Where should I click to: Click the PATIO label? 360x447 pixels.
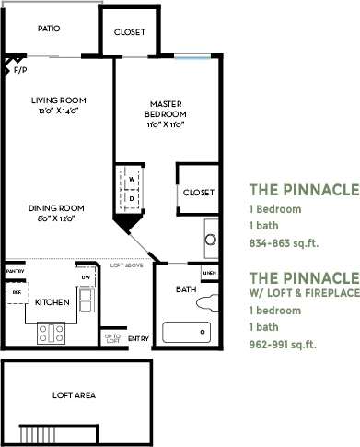point(49,29)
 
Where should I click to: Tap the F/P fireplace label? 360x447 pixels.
point(20,68)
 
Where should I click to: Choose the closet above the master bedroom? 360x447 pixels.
point(129,32)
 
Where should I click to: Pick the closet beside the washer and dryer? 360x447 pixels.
point(198,193)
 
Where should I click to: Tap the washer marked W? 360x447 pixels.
point(132,178)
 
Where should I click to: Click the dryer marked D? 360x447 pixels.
point(132,197)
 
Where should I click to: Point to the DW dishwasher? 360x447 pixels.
point(85,277)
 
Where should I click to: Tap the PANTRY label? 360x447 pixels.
point(15,272)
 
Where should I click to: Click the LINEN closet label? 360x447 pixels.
point(210,274)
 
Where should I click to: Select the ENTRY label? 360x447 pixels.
point(138,338)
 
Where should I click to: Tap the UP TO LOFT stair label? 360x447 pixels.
point(110,338)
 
